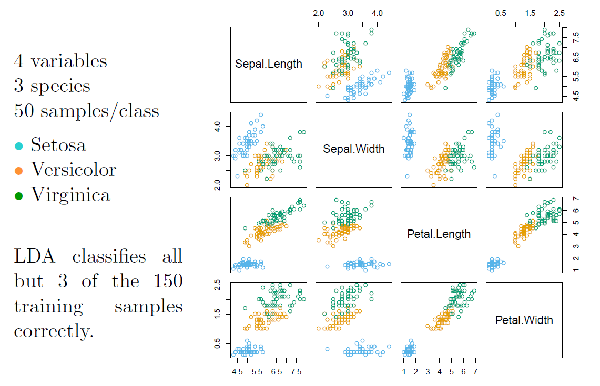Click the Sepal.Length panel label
click(269, 64)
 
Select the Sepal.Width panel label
click(354, 149)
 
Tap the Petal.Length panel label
click(439, 234)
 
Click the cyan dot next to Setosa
click(19, 145)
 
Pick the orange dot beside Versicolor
click(19, 171)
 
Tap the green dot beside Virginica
click(19, 196)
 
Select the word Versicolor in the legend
click(74, 170)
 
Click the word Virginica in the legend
click(71, 195)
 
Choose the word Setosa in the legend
click(58, 144)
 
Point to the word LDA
click(34, 256)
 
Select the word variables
click(69, 61)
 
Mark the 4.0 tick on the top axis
click(377, 13)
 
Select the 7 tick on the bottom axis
click(475, 372)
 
